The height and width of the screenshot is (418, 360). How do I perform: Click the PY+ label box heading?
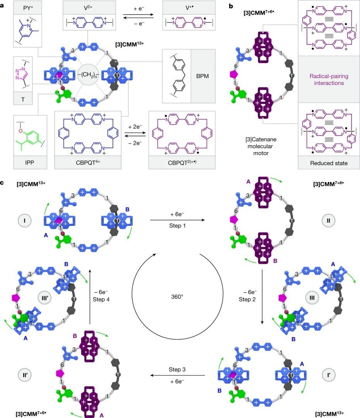[28, 8]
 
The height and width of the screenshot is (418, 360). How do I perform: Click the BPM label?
[202, 76]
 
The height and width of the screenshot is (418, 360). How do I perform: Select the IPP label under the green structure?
[29, 163]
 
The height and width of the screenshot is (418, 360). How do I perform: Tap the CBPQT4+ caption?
[88, 163]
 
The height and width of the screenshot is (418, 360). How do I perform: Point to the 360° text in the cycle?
[177, 297]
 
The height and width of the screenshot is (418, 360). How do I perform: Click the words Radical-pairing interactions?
[329, 79]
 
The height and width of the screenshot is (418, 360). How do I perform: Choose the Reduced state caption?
[329, 163]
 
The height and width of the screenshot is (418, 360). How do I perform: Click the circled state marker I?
[24, 221]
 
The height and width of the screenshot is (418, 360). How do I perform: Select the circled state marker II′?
[25, 375]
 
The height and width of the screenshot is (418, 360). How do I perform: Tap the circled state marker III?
[312, 298]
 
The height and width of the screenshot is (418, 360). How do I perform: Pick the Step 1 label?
[177, 226]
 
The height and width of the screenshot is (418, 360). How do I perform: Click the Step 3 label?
[177, 370]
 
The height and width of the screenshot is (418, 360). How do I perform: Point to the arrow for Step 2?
[262, 297]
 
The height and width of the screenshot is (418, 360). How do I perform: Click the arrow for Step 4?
[90, 297]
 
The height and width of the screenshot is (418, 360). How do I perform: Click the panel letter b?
[231, 6]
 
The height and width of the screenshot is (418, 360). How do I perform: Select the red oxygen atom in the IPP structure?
[20, 131]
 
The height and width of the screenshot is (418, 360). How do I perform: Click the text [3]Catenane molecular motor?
[261, 146]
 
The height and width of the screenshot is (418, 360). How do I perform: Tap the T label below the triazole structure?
[23, 99]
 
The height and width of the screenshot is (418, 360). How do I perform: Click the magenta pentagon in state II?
[234, 219]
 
